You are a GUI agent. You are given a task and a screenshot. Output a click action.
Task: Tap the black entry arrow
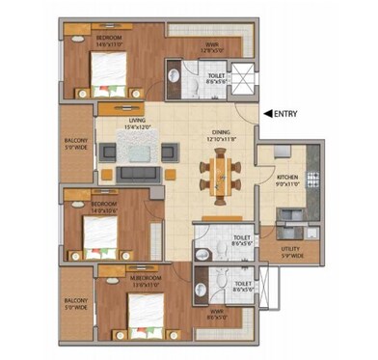click(x=269, y=115)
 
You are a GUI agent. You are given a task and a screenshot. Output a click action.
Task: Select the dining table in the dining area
click(x=218, y=177)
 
